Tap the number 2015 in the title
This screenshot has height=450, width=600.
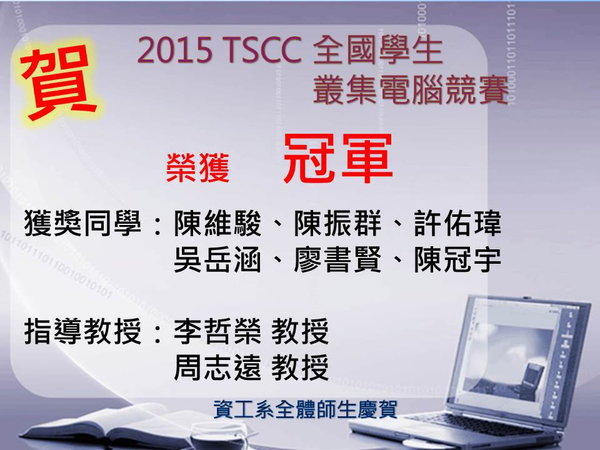175,51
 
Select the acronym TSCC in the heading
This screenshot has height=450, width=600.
264,51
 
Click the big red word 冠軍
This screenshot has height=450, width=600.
338,157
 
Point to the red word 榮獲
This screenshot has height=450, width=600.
198,167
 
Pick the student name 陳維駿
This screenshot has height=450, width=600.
217,224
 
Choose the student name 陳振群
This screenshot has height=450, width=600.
337,224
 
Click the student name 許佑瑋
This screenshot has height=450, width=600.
457,224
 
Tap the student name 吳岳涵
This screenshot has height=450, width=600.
217,259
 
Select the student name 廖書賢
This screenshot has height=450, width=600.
337,259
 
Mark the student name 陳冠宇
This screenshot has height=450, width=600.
457,259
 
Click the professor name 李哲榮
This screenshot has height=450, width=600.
217,331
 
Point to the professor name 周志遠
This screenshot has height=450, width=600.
217,367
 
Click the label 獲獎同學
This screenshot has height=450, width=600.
82,224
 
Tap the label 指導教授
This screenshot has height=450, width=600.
82,331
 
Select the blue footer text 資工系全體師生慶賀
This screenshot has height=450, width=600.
305,409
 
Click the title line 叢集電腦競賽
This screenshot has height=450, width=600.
411,90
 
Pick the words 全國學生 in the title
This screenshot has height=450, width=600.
377,51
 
